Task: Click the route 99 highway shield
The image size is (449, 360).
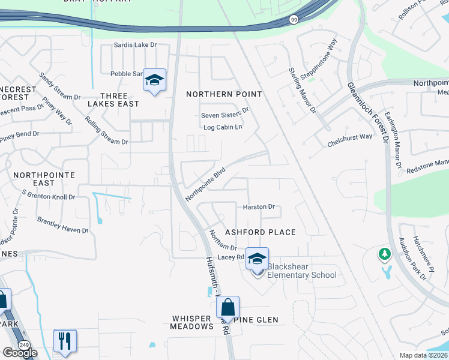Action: [294, 20]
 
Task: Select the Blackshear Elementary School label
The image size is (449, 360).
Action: [302, 271]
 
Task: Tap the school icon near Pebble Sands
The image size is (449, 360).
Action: [154, 80]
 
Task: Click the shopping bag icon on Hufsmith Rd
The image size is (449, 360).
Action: [228, 307]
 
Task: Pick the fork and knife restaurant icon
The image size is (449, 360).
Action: [65, 341]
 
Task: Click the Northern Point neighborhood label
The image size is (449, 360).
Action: [224, 94]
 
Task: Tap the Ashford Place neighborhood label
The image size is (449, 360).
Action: [260, 232]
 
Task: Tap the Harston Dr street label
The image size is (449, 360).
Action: [259, 207]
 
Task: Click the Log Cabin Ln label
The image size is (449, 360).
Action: [223, 127]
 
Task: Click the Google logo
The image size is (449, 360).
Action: [20, 353]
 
